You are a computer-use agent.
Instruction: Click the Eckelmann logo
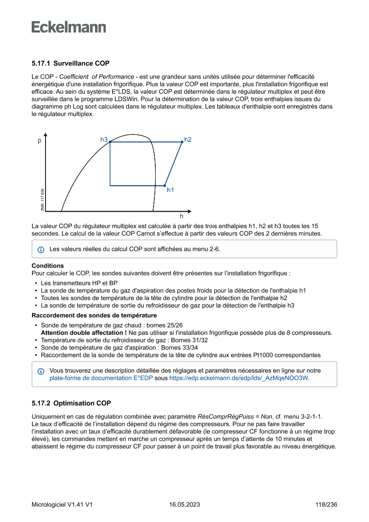click(69, 27)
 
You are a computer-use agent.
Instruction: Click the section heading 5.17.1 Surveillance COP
click(70, 63)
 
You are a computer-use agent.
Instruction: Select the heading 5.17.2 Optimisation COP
click(71, 403)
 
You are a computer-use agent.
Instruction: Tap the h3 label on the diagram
click(104, 140)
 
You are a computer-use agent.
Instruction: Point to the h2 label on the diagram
click(188, 140)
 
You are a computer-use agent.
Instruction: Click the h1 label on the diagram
click(170, 190)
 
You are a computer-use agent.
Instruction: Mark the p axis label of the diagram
click(39, 141)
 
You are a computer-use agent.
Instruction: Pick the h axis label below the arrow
click(181, 216)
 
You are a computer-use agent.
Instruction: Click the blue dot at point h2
click(182, 142)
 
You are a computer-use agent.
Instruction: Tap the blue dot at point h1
click(165, 185)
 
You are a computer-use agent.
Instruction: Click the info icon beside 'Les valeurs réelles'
click(41, 249)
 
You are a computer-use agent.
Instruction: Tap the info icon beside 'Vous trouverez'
click(41, 371)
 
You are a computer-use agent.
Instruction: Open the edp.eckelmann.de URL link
click(239, 378)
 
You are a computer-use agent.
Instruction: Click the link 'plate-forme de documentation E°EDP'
click(101, 378)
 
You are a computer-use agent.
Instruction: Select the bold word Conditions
click(48, 266)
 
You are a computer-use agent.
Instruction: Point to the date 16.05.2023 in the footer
click(184, 505)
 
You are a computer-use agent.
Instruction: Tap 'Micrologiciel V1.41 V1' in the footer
click(62, 505)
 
